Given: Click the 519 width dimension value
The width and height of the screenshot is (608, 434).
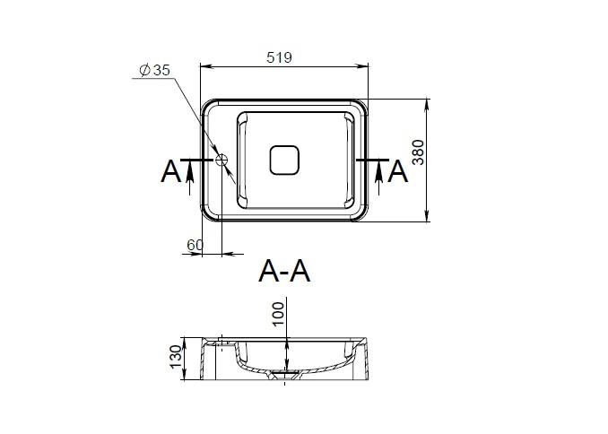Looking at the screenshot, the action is (279, 57).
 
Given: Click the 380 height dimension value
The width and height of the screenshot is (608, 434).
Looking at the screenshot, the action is (418, 152).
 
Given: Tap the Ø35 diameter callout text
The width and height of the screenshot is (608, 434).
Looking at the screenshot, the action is (155, 70).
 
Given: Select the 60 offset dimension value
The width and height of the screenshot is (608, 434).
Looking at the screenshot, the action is (195, 245).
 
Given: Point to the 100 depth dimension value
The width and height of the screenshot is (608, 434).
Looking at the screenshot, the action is (278, 315).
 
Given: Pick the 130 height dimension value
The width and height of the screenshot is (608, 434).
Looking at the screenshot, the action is (176, 356).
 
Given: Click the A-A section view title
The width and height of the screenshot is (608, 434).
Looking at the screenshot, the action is (284, 271).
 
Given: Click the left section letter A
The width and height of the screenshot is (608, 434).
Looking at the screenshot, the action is (170, 172).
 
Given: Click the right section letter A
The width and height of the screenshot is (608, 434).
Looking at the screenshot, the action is (398, 172).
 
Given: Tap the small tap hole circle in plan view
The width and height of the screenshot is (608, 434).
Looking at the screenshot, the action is (221, 160).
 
